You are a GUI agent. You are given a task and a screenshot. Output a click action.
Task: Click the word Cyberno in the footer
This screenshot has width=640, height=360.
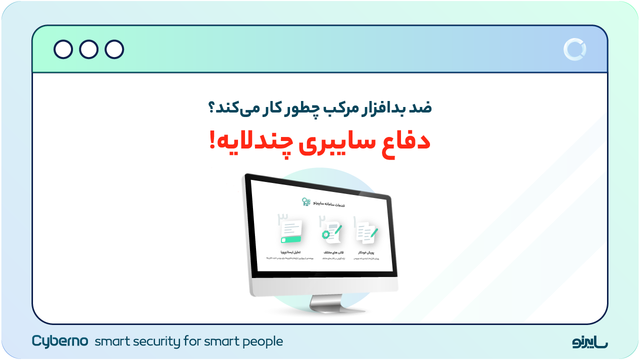[x=60, y=341]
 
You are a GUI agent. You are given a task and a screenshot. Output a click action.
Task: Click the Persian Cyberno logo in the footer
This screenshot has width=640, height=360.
[x=590, y=342]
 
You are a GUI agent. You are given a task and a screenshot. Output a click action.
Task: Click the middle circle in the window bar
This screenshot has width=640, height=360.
[x=89, y=49]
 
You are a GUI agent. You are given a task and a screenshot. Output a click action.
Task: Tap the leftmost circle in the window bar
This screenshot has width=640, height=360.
[x=63, y=49]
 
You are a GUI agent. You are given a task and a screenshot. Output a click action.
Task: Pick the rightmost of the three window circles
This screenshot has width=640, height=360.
[x=114, y=49]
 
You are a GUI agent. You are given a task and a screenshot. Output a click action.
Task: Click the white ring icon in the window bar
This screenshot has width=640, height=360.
[x=574, y=49]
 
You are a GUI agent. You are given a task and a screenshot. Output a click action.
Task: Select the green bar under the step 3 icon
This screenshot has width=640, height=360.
[x=291, y=240]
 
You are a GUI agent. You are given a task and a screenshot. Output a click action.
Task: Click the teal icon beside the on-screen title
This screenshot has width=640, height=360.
[x=306, y=202]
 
